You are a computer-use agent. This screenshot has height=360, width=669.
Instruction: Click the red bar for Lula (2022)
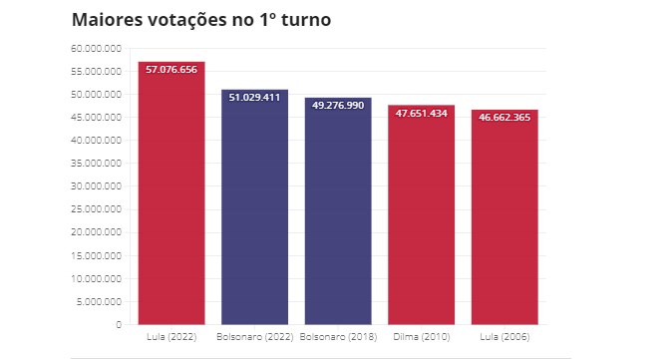[x=171, y=199]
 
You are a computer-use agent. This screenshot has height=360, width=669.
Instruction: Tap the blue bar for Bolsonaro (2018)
[x=338, y=214]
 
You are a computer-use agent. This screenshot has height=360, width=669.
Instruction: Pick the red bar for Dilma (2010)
[x=422, y=218]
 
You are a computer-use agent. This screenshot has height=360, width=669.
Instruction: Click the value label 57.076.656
[x=171, y=70]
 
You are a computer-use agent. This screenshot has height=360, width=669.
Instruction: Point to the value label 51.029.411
[x=255, y=98]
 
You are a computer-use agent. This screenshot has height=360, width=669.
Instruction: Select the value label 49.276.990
[x=338, y=105]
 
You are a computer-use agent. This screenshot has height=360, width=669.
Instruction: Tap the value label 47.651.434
[x=422, y=113]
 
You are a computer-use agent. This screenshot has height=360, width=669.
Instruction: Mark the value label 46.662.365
[x=504, y=117]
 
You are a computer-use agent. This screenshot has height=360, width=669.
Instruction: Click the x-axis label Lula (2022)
[x=171, y=337]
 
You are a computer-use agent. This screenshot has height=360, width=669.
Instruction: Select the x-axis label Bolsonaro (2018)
[x=338, y=337]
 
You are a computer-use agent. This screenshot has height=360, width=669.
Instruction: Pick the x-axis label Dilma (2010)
[x=422, y=337]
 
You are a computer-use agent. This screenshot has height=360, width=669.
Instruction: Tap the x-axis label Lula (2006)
[x=504, y=337]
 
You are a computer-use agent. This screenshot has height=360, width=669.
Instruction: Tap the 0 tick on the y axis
[x=118, y=324]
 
